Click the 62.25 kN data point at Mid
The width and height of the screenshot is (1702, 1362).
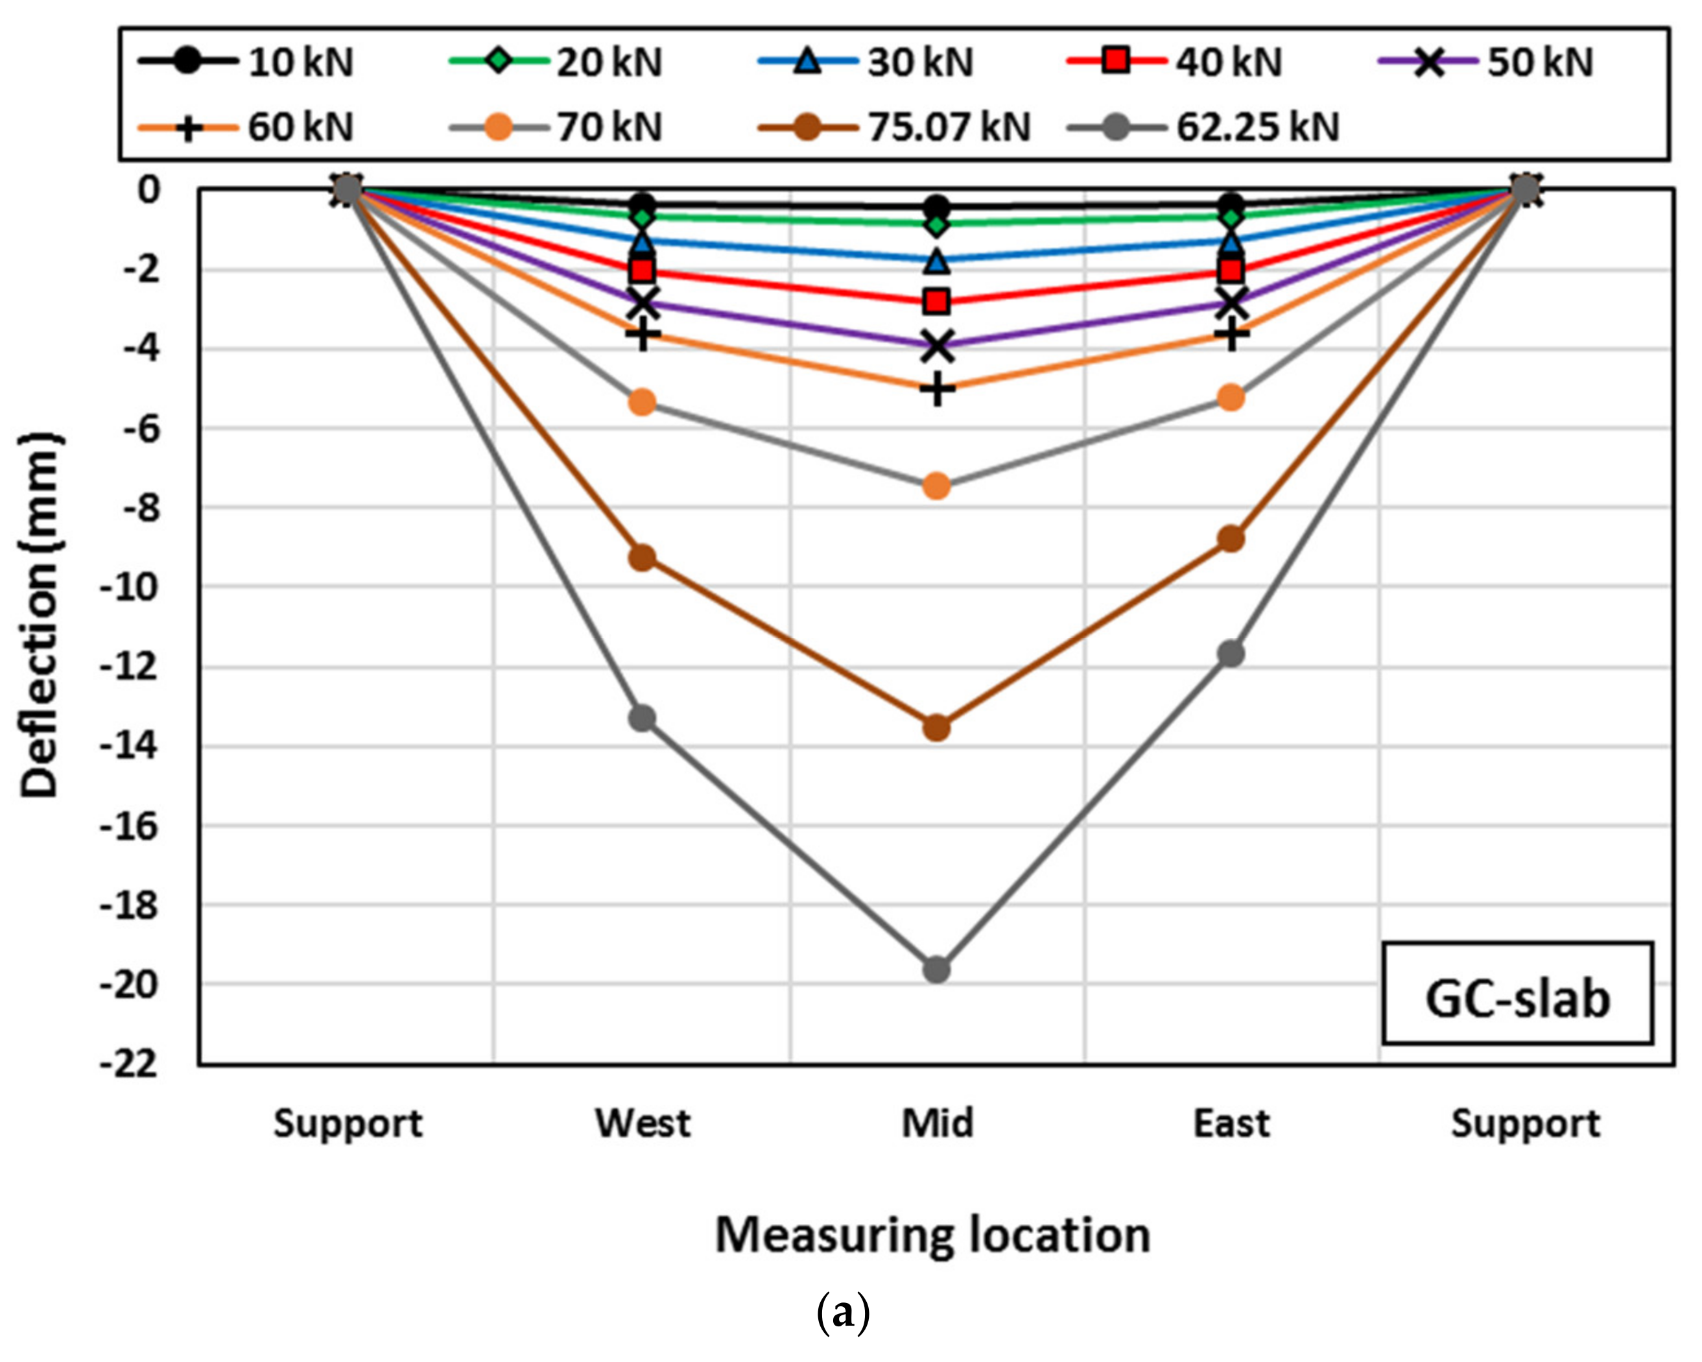pos(937,969)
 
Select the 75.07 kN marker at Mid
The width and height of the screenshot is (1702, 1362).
pos(937,727)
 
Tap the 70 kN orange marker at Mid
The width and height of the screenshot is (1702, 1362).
pos(937,486)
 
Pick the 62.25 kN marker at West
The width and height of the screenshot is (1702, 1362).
pos(643,718)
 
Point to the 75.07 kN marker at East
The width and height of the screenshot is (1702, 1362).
pos(1231,539)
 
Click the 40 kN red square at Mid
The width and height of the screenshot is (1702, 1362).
pos(937,301)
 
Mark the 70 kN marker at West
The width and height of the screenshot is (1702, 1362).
pos(643,402)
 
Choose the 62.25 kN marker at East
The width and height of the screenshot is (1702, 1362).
pos(1231,653)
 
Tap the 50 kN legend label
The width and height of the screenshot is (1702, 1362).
pos(1539,62)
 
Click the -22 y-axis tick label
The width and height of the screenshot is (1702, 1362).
pos(131,1064)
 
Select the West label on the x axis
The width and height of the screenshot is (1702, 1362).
pos(643,1123)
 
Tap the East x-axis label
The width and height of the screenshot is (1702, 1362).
pos(1231,1123)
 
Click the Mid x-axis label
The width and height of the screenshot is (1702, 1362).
pos(937,1123)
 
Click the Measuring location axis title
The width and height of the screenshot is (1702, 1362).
pos(932,1235)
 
